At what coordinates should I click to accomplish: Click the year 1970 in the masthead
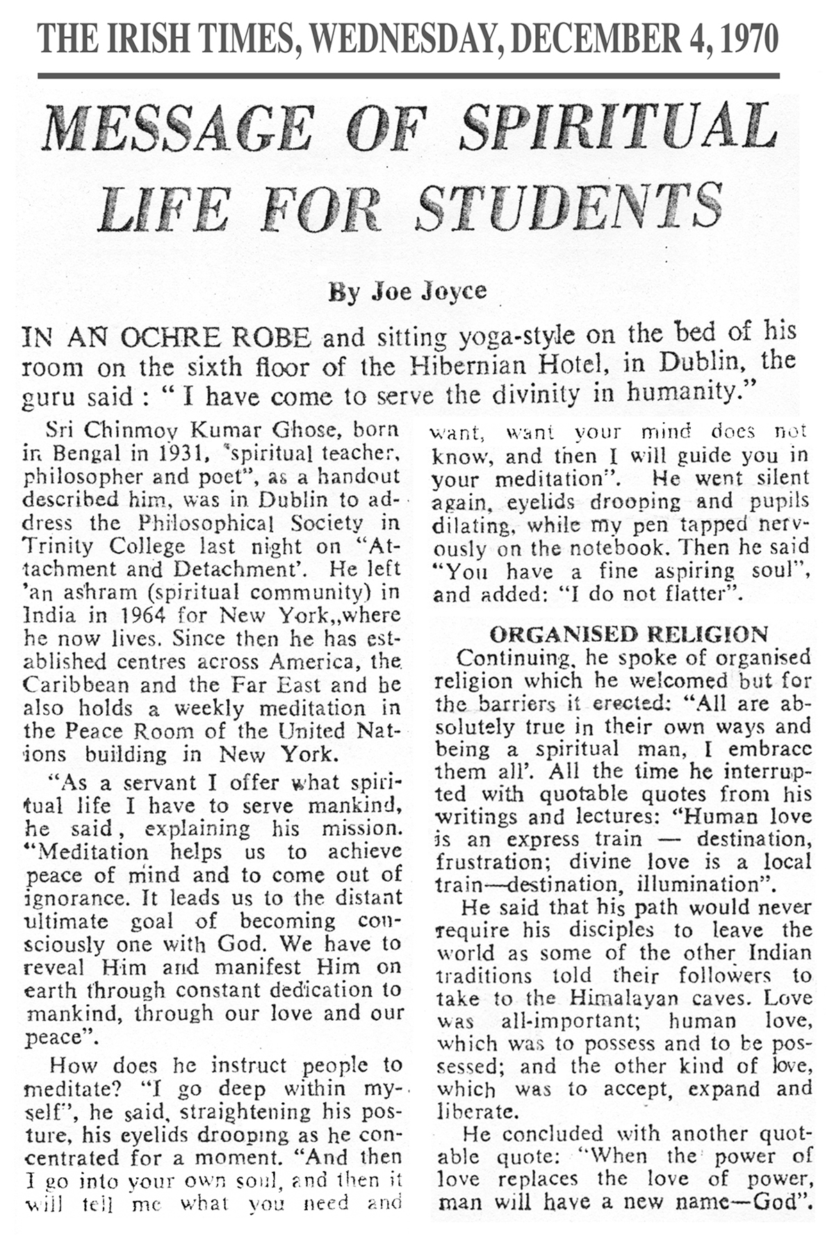(x=750, y=38)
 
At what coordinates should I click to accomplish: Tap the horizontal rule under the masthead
(x=409, y=76)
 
